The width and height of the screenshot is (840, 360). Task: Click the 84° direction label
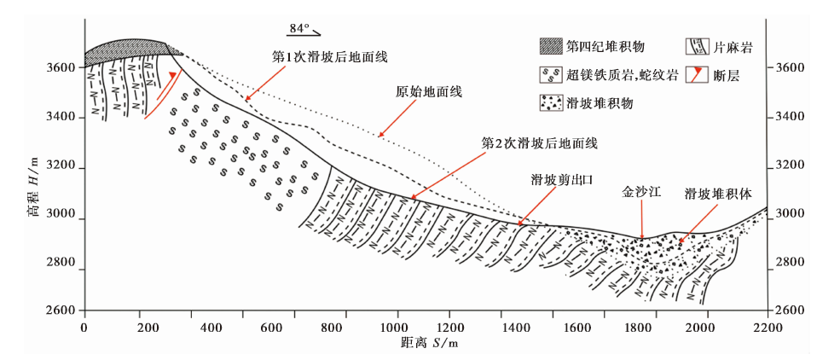pos(298,28)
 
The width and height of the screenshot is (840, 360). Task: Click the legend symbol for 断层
pos(698,74)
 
